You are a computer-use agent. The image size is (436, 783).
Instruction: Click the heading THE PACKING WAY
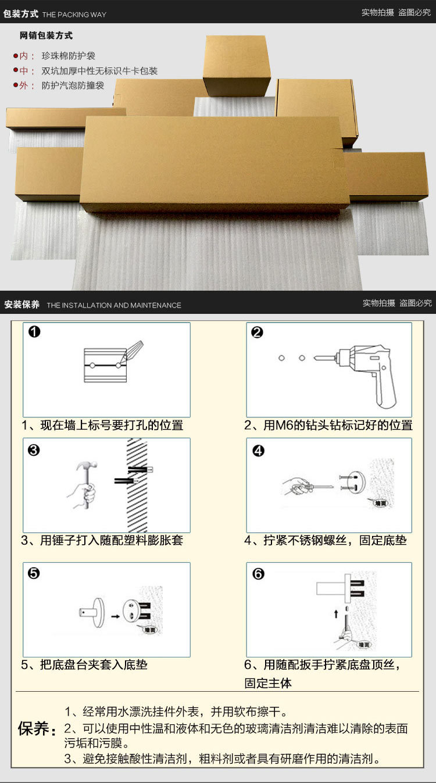click(x=74, y=15)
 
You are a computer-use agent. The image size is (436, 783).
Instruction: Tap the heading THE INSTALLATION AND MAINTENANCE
click(x=114, y=305)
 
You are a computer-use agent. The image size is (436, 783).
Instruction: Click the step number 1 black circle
click(x=34, y=332)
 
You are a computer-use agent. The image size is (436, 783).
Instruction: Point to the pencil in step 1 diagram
click(x=134, y=351)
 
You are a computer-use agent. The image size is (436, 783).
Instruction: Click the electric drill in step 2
click(x=366, y=366)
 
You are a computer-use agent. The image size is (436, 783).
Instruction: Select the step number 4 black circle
click(x=258, y=451)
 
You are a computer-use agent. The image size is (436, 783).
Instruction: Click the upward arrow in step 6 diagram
click(x=335, y=613)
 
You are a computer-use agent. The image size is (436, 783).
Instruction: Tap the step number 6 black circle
click(x=258, y=574)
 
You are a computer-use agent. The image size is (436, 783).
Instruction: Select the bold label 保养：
click(x=37, y=728)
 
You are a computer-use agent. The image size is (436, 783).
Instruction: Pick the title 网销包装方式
click(x=46, y=36)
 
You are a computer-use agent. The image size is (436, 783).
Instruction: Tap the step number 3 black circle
click(x=34, y=450)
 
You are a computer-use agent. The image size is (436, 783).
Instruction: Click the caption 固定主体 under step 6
click(x=268, y=683)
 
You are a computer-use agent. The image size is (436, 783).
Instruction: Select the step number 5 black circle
click(x=34, y=574)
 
